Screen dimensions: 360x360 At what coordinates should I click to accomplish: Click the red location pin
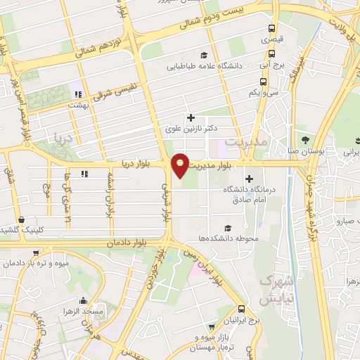(181, 165)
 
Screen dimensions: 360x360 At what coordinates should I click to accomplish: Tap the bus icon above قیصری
(271, 30)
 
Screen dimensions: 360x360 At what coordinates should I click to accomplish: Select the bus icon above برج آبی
(272, 53)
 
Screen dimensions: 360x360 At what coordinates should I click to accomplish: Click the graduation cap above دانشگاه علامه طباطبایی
(204, 56)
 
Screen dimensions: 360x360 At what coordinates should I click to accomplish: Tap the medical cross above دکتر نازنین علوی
(190, 117)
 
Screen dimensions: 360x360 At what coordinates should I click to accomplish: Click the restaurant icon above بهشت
(79, 94)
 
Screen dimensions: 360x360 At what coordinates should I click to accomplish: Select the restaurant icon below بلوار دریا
(84, 174)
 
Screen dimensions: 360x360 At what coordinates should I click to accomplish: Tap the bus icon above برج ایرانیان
(243, 309)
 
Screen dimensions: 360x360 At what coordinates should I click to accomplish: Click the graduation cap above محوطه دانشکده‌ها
(227, 228)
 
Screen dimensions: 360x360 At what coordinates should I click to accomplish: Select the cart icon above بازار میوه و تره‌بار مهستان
(212, 327)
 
